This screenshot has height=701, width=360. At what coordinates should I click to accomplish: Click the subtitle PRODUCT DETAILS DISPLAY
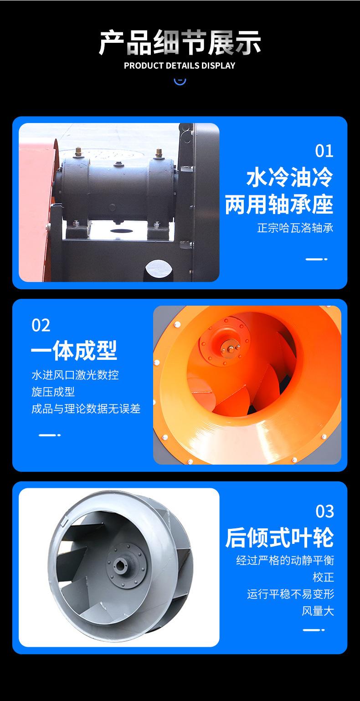pos(180,66)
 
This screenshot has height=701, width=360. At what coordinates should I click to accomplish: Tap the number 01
pos(324,151)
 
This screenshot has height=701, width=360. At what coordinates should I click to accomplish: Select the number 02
pos(41,325)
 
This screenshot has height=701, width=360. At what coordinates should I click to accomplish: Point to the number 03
pos(324,512)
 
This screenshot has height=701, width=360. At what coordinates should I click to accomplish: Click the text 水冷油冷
pos(290,178)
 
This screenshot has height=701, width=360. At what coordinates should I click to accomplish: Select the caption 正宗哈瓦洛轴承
pos(295,228)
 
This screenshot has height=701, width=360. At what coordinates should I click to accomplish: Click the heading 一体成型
pos(74,350)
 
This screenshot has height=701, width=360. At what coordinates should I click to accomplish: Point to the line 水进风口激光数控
pos(75,375)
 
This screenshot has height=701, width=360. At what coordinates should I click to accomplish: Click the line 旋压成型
pos(53,392)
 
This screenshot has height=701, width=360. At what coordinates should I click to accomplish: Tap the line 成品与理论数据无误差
pos(86,409)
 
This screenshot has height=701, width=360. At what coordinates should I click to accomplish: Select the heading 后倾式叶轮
pos(279,537)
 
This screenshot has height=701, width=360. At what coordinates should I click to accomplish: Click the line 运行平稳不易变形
pos(291,594)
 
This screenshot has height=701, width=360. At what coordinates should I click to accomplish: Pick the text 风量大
pos(318,611)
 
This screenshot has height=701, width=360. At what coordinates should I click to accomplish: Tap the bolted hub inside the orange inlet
pos(230,349)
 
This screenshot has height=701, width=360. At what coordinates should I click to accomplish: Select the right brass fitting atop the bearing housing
pos(159,153)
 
